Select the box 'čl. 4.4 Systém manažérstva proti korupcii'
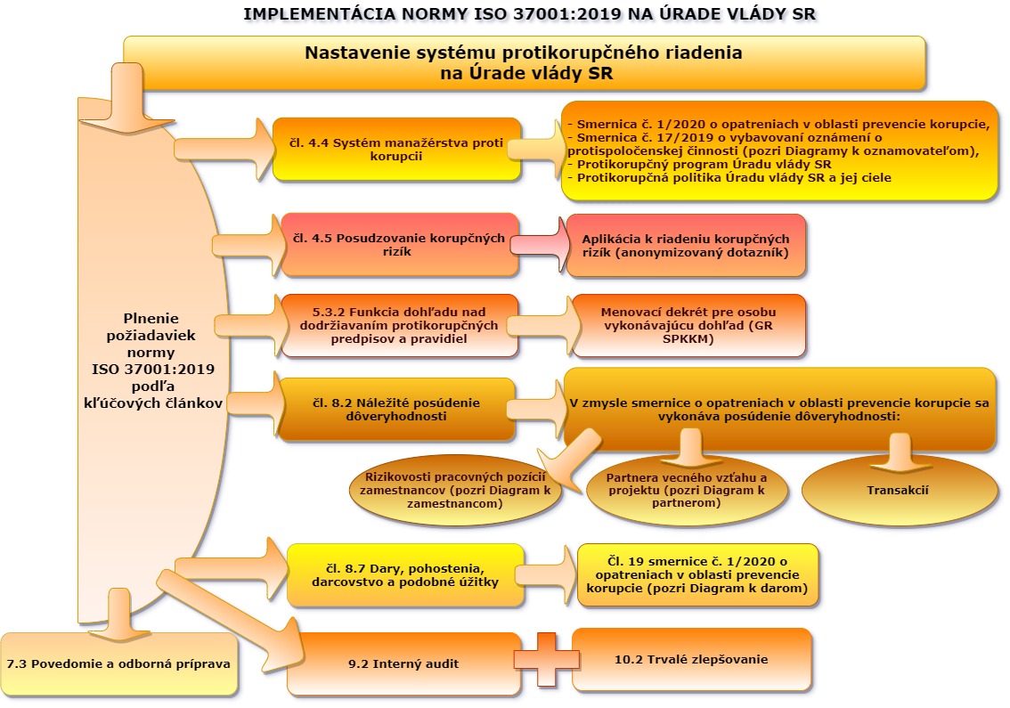point(396,149)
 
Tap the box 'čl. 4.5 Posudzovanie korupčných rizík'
point(399,245)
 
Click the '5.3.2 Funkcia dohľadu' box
point(399,325)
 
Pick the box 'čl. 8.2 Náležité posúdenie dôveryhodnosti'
point(396,409)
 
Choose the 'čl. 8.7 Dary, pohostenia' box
point(405,575)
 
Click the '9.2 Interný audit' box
point(403,663)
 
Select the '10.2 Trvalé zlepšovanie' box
point(691,660)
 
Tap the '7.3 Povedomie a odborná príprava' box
point(118,664)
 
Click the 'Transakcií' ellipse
point(898,491)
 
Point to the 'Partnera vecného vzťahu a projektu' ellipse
point(688,491)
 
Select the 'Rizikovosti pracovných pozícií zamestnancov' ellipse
point(455,491)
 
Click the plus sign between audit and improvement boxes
point(545,659)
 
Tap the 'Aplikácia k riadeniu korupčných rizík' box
point(686,246)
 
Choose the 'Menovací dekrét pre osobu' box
point(688,325)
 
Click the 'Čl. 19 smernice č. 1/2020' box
point(696,575)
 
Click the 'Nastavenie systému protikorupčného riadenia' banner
point(524,63)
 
